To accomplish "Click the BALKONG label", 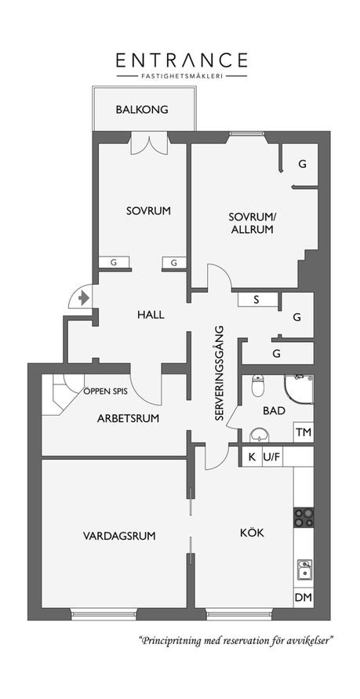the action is pyautogui.click(x=142, y=110).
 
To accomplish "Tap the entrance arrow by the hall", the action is pyautogui.click(x=84, y=297).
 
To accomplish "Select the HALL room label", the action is pyautogui.click(x=151, y=315).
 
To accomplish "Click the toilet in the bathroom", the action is pyautogui.click(x=258, y=385).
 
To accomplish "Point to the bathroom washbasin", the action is pyautogui.click(x=258, y=435).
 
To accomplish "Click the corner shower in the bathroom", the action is pyautogui.click(x=299, y=389).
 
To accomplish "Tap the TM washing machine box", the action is pyautogui.click(x=304, y=432).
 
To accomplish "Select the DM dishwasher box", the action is pyautogui.click(x=304, y=597).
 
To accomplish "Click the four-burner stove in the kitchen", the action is pyautogui.click(x=304, y=518).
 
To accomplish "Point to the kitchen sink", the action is pyautogui.click(x=305, y=570).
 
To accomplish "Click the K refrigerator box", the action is pyautogui.click(x=252, y=457).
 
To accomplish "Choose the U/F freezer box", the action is pyautogui.click(x=272, y=457).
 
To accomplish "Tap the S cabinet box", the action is pyautogui.click(x=256, y=300).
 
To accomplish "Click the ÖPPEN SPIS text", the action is pyautogui.click(x=106, y=391).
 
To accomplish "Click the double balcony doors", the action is pyautogui.click(x=149, y=144).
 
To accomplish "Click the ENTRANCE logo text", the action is pyautogui.click(x=182, y=60).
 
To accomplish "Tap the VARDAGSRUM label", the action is pyautogui.click(x=119, y=535).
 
